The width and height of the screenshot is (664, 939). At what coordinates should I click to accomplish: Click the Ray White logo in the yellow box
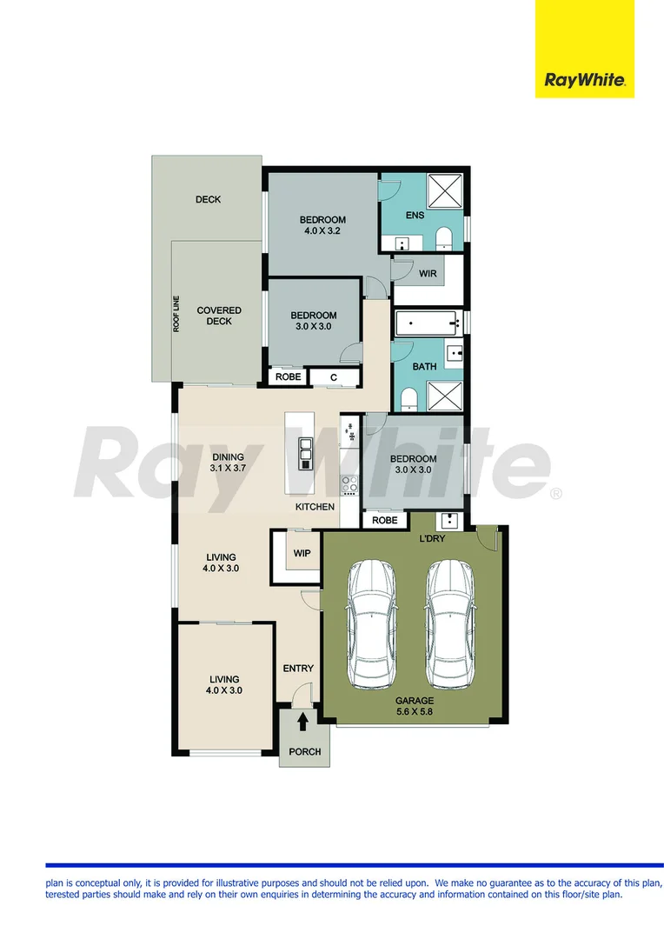coord(584,81)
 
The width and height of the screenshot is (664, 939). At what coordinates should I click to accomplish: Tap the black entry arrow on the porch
coord(303,721)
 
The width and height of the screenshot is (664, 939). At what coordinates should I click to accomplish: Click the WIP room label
coord(302,552)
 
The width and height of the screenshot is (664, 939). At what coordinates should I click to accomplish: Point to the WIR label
coord(428,274)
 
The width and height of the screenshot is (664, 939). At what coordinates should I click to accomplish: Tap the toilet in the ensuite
coord(442,237)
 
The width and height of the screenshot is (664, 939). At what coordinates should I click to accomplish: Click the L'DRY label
coord(432,540)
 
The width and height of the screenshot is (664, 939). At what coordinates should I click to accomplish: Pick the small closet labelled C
coord(334,377)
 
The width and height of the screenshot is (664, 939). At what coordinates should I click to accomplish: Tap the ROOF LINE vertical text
coord(176,314)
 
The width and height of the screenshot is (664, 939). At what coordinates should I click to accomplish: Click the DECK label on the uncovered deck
coord(208,200)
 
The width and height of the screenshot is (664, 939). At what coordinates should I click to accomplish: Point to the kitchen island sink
coord(305,452)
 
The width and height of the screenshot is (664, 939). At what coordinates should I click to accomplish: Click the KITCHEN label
coord(315,506)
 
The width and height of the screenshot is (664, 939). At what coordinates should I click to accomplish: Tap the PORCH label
coord(304,752)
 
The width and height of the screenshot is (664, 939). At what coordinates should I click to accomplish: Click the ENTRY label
coord(298,669)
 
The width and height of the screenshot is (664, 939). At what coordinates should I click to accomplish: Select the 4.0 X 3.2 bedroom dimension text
coord(323,231)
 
